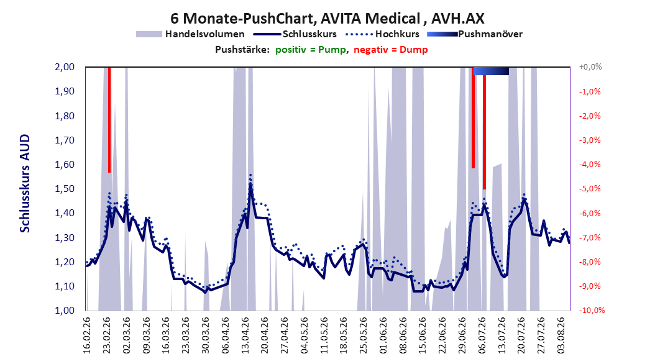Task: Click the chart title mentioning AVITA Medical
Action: click(x=327, y=19)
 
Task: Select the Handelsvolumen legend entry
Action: click(x=191, y=34)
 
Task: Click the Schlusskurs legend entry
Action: click(x=295, y=34)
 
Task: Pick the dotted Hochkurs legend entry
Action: click(x=382, y=34)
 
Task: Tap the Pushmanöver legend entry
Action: click(x=475, y=34)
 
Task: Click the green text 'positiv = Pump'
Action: click(x=310, y=50)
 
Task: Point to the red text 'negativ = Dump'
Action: click(x=391, y=50)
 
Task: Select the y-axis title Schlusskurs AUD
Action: click(x=25, y=183)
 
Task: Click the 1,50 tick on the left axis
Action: click(x=65, y=189)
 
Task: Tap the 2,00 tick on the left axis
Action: click(x=65, y=67)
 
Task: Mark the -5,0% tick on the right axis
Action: click(x=590, y=189)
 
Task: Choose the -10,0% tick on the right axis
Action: click(x=592, y=310)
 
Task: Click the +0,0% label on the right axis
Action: click(x=590, y=67)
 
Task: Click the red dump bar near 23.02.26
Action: click(x=109, y=120)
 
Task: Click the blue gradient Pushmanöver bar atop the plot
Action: click(x=491, y=71)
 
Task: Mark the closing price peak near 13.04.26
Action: click(x=250, y=184)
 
